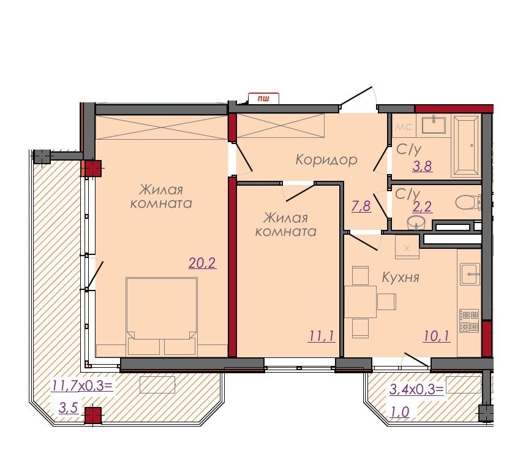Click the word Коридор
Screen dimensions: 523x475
[x=326, y=160]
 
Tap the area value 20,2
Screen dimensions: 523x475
[x=202, y=264]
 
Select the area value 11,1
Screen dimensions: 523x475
[x=322, y=336]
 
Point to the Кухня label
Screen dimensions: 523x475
[x=401, y=278]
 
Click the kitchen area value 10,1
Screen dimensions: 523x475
[x=437, y=336]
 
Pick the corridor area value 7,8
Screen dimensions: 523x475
[x=361, y=207]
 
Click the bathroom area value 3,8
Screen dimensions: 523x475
[x=423, y=166]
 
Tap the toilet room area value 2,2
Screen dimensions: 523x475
[x=423, y=207]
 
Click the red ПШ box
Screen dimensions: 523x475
[x=263, y=98]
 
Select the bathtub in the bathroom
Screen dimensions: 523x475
[x=466, y=145]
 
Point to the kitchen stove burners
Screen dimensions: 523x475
[x=470, y=321]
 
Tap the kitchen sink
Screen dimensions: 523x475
[x=470, y=274]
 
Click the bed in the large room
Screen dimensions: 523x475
[x=162, y=316]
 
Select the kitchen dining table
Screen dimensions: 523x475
[x=361, y=302]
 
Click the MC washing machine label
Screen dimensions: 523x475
[x=404, y=127]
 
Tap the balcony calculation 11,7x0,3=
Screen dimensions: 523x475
[x=82, y=386]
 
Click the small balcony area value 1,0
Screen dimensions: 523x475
[x=399, y=412]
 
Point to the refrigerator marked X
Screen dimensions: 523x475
[x=407, y=247]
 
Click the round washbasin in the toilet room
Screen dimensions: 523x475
[x=416, y=222]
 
